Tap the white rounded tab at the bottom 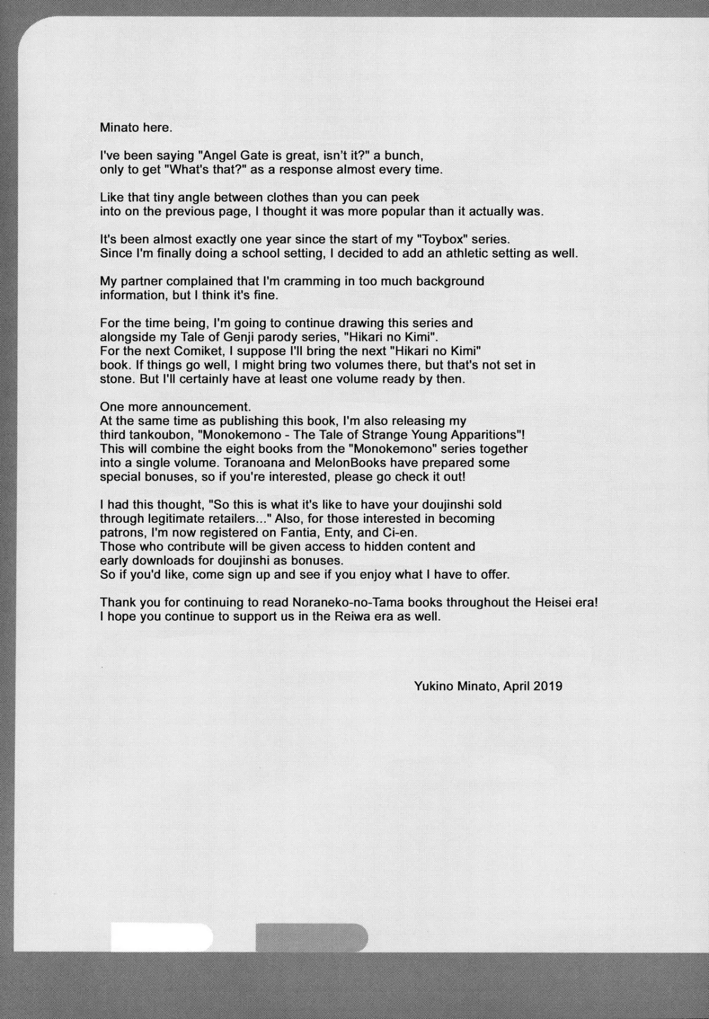click(162, 938)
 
